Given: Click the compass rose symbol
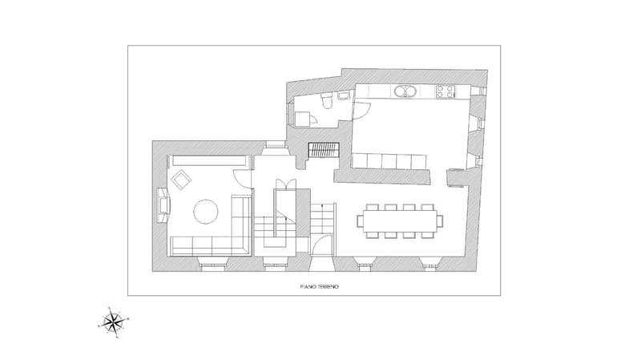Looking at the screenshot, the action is click(x=113, y=322).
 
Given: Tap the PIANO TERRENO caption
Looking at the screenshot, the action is click(x=319, y=287).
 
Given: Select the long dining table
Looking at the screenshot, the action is click(x=400, y=221).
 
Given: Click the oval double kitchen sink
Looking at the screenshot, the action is click(x=405, y=91).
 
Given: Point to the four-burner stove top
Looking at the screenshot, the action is click(x=445, y=91).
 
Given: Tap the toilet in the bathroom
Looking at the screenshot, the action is click(x=327, y=101).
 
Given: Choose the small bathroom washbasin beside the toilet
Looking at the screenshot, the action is click(x=343, y=95).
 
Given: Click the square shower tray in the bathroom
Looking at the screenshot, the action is click(x=302, y=119).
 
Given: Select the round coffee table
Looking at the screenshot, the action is click(x=205, y=211).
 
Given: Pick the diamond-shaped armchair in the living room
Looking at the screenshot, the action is click(x=182, y=180).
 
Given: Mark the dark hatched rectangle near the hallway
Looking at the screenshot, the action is click(x=324, y=150).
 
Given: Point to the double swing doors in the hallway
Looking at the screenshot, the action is click(x=284, y=184).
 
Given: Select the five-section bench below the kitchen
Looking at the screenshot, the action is click(x=389, y=161).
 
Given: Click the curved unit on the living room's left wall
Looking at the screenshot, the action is click(x=163, y=205).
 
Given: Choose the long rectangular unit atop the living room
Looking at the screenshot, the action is click(x=209, y=161).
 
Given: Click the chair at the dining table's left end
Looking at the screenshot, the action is click(x=360, y=221).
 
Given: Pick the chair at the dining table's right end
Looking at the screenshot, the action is click(x=440, y=221).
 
